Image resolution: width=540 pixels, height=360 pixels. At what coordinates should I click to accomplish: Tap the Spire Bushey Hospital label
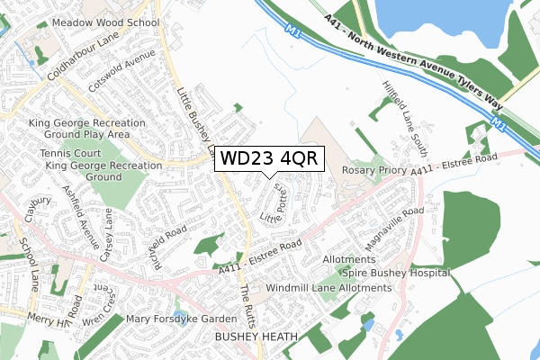[x=394, y=272]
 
